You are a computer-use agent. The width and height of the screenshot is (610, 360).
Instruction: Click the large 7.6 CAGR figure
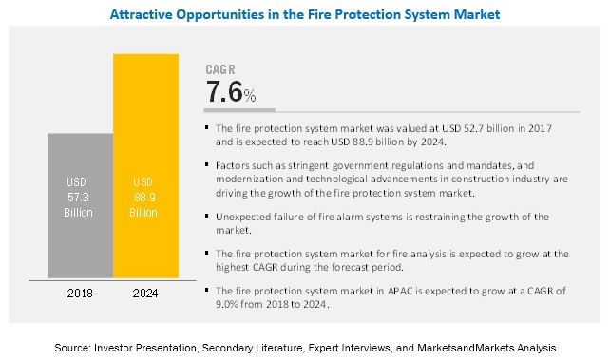tap(224, 92)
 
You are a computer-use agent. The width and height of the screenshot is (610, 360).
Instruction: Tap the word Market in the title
tap(472, 15)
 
